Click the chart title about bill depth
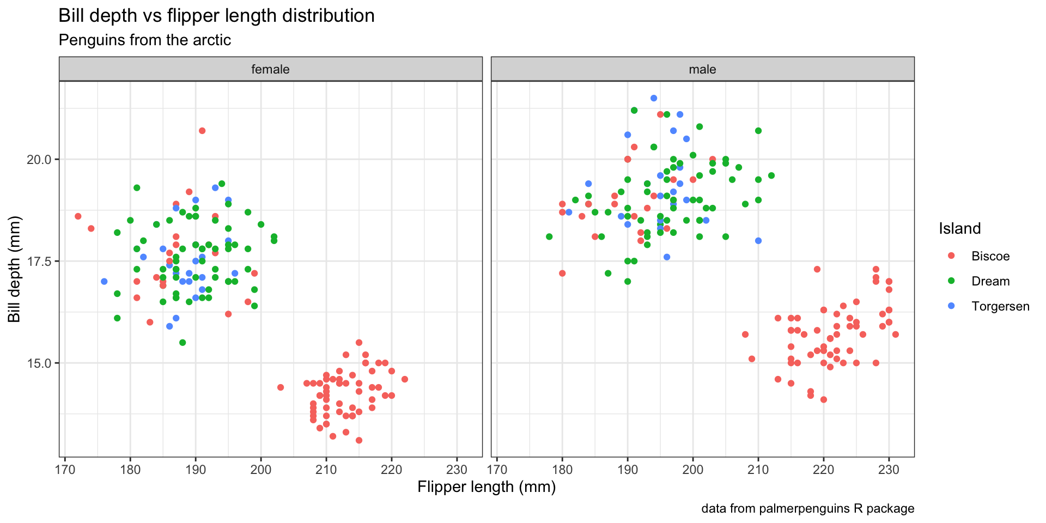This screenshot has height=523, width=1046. click(216, 16)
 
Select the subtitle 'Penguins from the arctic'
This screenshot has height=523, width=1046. click(144, 40)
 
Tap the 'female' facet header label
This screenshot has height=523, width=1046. click(270, 69)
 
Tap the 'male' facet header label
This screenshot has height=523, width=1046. click(702, 69)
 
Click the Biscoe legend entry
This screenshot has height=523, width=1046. click(990, 256)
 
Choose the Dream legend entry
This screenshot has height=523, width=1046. click(990, 281)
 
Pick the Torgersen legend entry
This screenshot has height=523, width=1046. click(1000, 306)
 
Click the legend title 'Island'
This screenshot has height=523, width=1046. click(959, 228)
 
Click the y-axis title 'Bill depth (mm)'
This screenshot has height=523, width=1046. click(15, 269)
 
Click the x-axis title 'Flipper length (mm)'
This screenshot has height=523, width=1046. click(486, 486)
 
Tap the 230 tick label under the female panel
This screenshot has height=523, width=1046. click(457, 470)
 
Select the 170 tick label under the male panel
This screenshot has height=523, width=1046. click(497, 470)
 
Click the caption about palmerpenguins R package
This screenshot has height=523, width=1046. click(807, 508)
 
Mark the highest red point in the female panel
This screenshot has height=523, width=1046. click(202, 131)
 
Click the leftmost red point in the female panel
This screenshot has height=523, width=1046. click(78, 216)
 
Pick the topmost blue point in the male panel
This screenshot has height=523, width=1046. click(654, 98)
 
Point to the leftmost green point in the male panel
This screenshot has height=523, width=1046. click(549, 236)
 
